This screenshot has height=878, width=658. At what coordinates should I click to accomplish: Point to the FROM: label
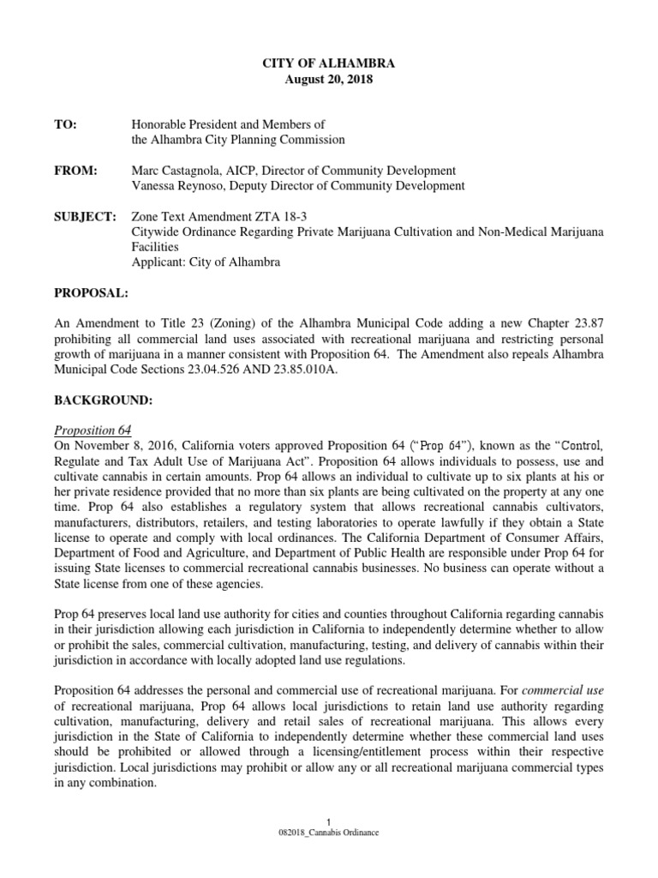click(x=75, y=171)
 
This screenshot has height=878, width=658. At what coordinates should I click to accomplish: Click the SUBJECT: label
click(x=85, y=217)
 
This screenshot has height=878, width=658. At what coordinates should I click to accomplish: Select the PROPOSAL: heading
click(x=91, y=293)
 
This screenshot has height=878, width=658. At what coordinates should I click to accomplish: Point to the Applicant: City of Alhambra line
click(x=206, y=262)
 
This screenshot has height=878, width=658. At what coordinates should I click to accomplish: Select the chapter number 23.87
click(x=585, y=324)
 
